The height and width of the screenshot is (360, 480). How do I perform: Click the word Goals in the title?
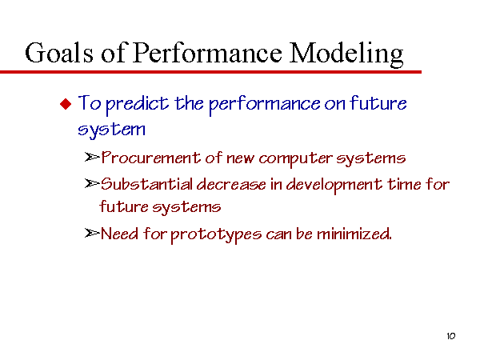tap(59, 53)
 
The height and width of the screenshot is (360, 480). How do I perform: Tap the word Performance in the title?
tap(207, 53)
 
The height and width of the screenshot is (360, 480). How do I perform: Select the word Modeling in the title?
tap(346, 54)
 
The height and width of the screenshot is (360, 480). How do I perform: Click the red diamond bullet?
tap(66, 104)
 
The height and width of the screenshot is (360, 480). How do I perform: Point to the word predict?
tap(137, 104)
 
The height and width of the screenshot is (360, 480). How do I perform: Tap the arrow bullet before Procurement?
tap(92, 157)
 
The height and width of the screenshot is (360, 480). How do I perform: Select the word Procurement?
tap(150, 158)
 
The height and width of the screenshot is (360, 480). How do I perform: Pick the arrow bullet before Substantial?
tap(92, 183)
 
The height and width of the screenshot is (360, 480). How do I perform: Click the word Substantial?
tap(147, 184)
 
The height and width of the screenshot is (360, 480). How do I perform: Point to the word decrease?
tap(231, 184)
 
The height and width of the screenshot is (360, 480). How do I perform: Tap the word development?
tap(334, 186)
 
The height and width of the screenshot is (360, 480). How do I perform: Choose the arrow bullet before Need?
tap(92, 234)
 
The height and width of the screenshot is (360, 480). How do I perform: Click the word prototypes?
tap(216, 235)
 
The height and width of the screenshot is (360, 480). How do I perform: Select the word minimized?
tap(354, 234)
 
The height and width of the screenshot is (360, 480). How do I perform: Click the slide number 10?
tap(451, 336)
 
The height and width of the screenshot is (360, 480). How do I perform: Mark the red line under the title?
tap(210, 72)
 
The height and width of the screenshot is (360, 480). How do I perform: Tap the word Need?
tap(119, 234)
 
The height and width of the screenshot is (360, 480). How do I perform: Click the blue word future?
tap(378, 103)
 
